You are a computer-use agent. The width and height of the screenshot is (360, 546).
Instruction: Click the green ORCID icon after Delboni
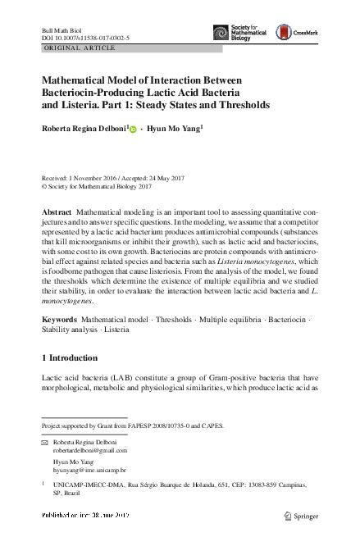[x=134, y=130]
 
